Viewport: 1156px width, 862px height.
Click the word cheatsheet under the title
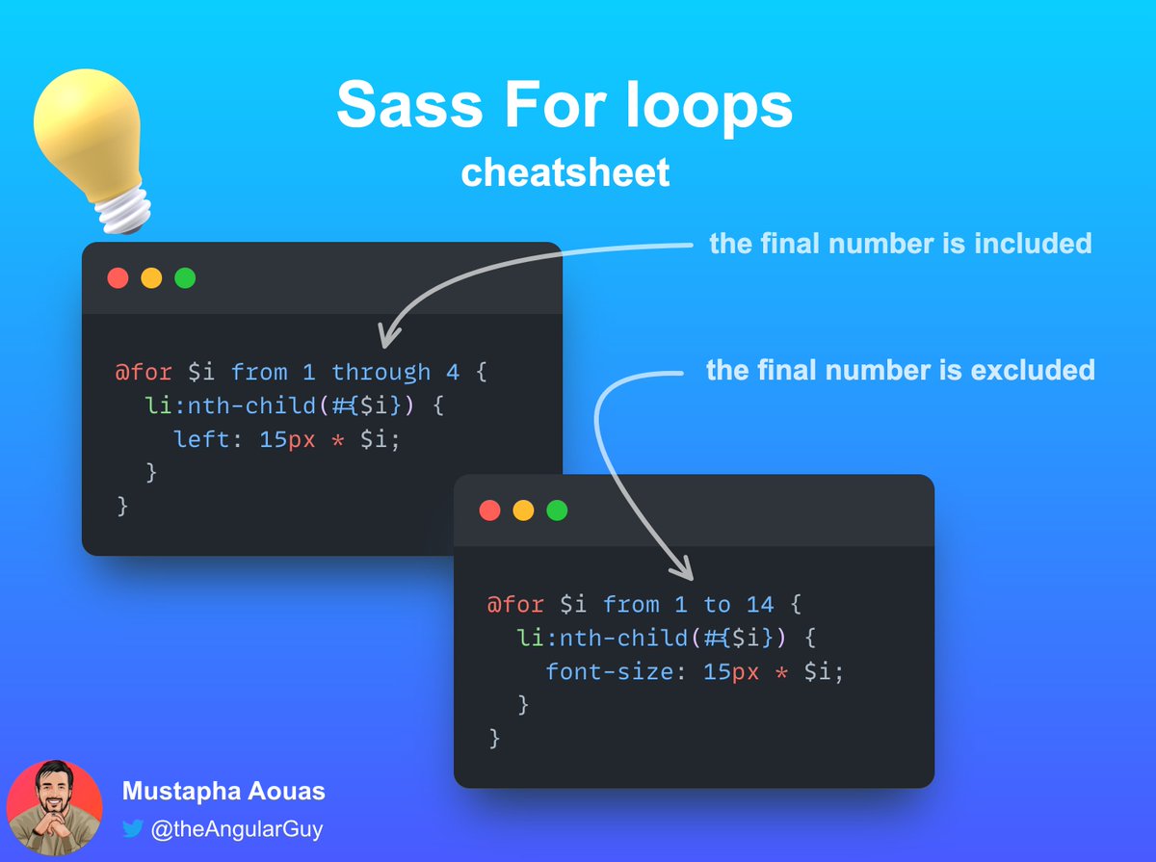point(565,172)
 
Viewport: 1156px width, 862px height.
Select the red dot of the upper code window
point(118,278)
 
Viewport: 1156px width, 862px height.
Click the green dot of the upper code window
point(185,278)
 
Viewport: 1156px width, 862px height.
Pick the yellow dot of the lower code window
point(523,510)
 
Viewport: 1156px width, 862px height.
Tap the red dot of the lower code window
point(489,510)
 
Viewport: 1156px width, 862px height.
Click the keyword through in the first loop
point(381,372)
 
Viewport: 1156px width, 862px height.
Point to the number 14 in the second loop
point(760,605)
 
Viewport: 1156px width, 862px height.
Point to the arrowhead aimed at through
point(384,338)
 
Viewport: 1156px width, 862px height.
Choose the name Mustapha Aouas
point(223,792)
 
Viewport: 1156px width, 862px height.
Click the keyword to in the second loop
point(717,605)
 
